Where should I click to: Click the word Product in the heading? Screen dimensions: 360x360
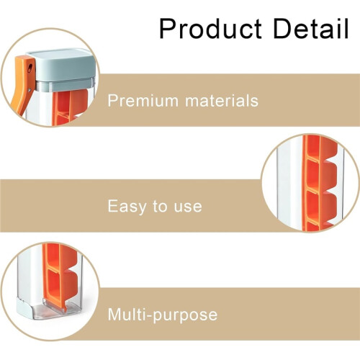[210, 29]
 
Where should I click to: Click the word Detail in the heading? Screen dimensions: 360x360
[311, 28]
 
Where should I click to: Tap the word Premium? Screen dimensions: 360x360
[143, 101]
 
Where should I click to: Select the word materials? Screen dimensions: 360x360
[222, 101]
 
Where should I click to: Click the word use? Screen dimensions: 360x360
[188, 207]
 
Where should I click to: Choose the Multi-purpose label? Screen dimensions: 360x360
[163, 315]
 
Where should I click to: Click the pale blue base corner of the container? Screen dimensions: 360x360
[24, 308]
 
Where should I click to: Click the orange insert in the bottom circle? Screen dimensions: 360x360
[60, 276]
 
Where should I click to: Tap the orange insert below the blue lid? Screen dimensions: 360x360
[70, 107]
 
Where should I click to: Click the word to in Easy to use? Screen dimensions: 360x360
[161, 207]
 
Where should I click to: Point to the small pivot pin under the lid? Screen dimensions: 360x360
[30, 90]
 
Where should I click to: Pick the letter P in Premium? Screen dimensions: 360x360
[112, 101]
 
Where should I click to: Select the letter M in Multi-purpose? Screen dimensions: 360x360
[114, 314]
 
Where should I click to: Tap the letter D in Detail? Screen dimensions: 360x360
[282, 29]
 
